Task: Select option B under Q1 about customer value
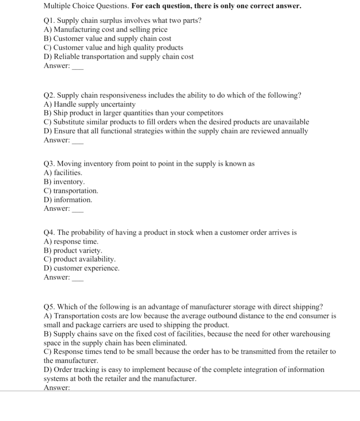107,39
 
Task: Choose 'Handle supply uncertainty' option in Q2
90,104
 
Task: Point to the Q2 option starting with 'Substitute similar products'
176,122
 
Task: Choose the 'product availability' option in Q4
79,259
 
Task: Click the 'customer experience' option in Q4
82,268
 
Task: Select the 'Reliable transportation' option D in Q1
118,57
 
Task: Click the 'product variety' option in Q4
73,250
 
